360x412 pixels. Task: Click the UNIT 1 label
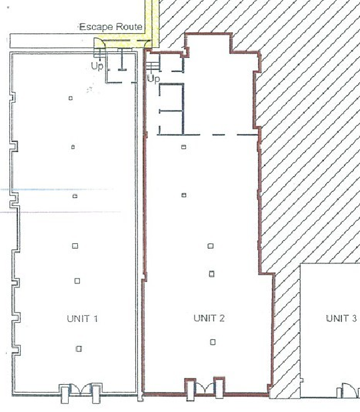[x=83, y=319]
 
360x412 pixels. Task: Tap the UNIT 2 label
[x=209, y=318]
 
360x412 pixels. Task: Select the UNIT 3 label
[x=341, y=318]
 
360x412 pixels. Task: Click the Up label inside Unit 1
[x=97, y=65]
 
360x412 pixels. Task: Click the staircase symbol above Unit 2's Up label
[x=153, y=65]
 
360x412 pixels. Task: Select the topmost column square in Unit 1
[x=71, y=99]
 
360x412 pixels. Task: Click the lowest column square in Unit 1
[x=79, y=348]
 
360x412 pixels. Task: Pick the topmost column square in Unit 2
[x=184, y=147]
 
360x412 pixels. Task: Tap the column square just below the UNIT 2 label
[x=213, y=342]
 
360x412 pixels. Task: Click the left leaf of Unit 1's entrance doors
[x=65, y=394]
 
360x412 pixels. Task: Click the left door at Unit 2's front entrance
[x=189, y=387]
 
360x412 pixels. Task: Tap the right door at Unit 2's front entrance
[x=219, y=387]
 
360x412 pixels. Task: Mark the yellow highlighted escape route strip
[x=150, y=20]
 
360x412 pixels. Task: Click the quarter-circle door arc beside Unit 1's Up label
[x=99, y=45]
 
